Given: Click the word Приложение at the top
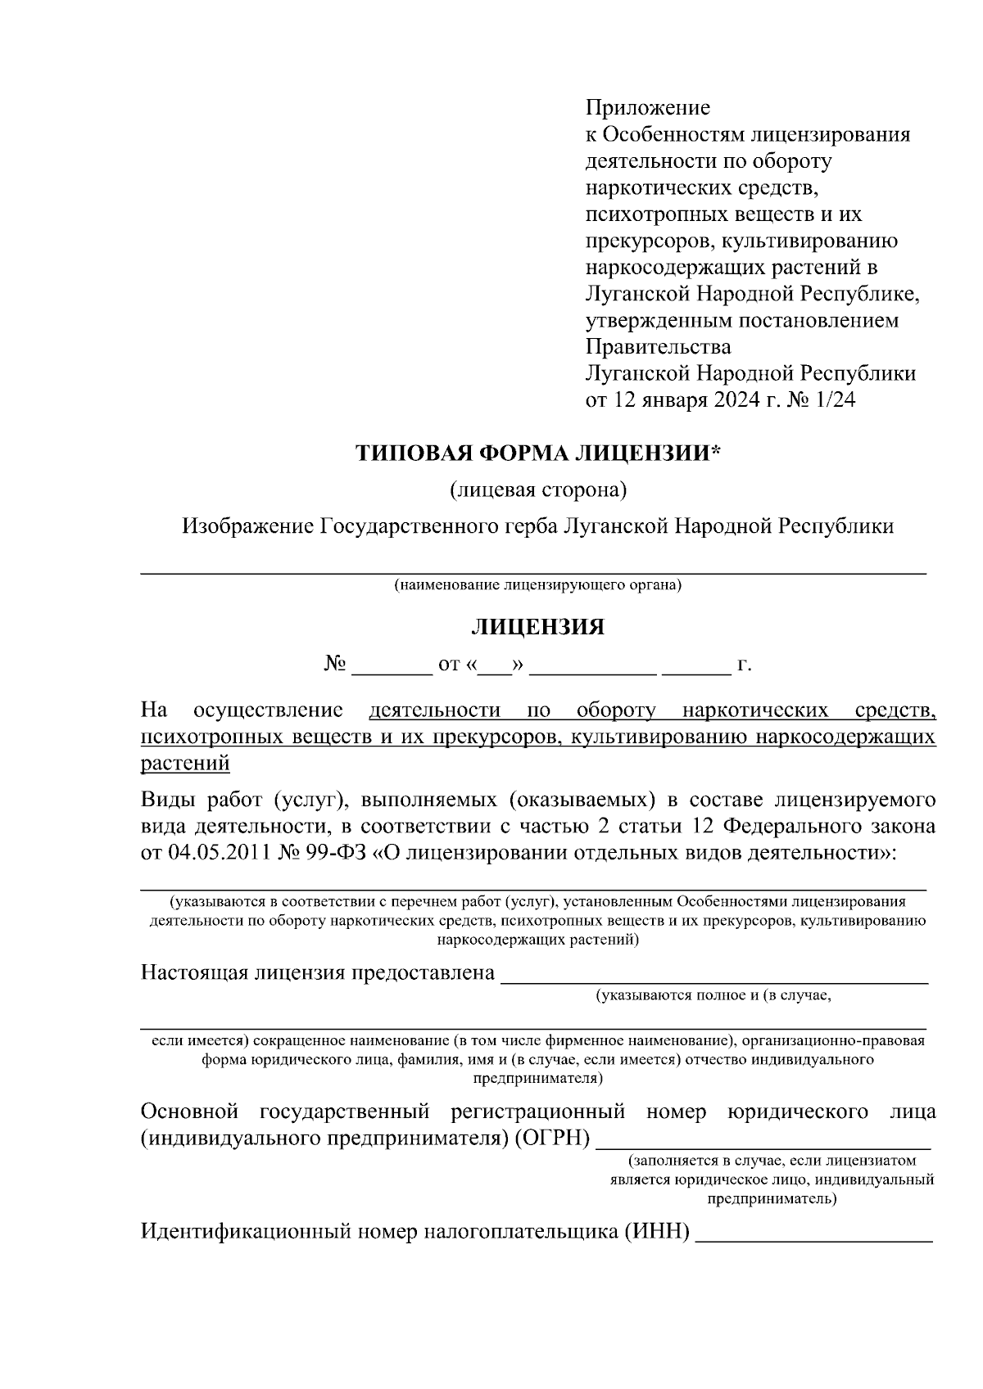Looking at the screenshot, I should pyautogui.click(x=647, y=107).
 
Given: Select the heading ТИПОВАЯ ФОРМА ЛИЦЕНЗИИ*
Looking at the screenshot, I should pyautogui.click(x=537, y=453).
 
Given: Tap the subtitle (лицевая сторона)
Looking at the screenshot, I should pyautogui.click(x=537, y=489).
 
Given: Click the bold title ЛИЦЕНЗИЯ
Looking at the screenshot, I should pyautogui.click(x=537, y=627).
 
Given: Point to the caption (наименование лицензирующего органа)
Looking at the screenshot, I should pyautogui.click(x=537, y=585).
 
